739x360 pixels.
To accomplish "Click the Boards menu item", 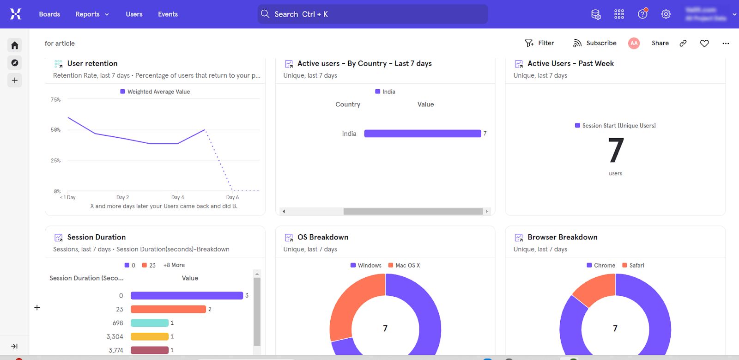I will pos(49,14).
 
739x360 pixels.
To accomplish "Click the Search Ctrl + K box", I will pos(372,14).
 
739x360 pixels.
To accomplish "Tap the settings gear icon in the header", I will pos(666,14).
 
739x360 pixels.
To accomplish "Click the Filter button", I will pos(539,43).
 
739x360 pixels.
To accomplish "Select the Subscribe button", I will pos(595,43).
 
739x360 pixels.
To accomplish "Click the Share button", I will pos(660,43).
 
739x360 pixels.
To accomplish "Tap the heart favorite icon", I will pos(704,43).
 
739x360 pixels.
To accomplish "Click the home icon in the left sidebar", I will pos(15,45).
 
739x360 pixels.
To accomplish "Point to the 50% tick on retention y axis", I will pos(55,130).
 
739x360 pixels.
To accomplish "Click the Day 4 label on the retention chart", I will pos(177,197).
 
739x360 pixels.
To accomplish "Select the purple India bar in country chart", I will pos(422,134).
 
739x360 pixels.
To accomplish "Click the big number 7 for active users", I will pos(616,151).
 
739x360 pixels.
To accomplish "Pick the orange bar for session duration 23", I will pos(168,309).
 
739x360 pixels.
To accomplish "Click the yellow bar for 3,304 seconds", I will pos(149,336).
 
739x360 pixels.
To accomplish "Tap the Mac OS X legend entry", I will pos(404,265).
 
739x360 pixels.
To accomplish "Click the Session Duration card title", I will pos(96,237).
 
